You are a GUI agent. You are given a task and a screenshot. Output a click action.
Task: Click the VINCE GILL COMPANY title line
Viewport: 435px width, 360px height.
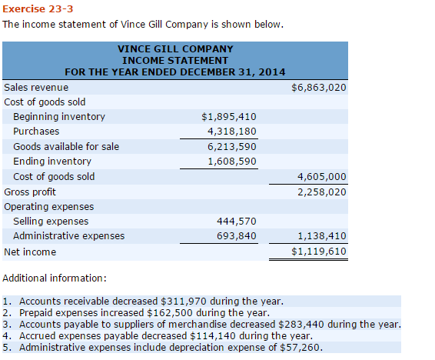click(x=175, y=48)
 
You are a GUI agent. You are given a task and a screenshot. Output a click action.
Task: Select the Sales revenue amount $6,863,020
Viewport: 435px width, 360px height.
click(x=319, y=88)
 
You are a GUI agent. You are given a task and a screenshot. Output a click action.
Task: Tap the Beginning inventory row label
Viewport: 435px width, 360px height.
click(x=59, y=117)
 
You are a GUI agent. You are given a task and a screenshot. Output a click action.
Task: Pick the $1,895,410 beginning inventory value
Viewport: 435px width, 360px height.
click(x=228, y=117)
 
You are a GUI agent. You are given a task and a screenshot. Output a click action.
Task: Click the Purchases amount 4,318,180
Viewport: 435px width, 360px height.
click(x=231, y=132)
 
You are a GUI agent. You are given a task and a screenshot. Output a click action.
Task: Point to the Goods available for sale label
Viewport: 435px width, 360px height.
click(x=66, y=146)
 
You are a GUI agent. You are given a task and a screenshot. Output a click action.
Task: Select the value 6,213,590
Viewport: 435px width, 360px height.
click(x=231, y=146)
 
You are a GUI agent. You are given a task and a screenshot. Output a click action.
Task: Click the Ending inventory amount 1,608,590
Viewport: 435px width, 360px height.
click(x=231, y=162)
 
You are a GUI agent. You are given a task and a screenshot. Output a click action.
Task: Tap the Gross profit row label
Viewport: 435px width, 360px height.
click(x=30, y=192)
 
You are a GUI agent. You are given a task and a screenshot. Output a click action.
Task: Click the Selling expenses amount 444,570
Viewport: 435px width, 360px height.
click(x=237, y=222)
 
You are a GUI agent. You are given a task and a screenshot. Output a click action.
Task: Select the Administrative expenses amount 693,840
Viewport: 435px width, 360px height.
click(x=237, y=236)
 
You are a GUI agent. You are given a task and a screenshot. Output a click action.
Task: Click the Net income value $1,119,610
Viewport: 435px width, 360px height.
click(x=319, y=252)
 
